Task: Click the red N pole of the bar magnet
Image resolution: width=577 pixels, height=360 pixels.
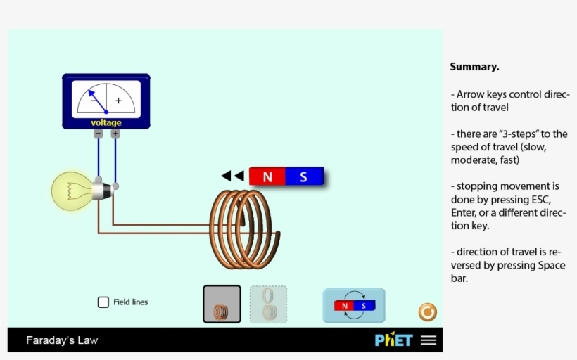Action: (267, 177)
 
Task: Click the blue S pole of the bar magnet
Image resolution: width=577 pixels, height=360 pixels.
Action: (304, 177)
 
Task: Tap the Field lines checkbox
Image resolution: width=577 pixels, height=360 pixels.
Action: (103, 302)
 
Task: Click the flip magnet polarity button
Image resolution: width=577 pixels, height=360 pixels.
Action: (354, 306)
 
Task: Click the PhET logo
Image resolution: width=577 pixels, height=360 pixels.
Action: (393, 340)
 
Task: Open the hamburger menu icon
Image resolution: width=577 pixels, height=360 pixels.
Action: (429, 340)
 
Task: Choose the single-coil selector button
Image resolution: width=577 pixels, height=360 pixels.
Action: (222, 304)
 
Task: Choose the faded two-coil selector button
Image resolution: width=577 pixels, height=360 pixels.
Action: (268, 304)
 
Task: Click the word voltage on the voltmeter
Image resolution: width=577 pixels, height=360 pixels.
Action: (106, 123)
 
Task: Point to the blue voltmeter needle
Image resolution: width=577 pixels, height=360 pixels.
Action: (97, 101)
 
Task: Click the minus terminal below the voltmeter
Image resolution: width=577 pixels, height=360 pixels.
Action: (98, 134)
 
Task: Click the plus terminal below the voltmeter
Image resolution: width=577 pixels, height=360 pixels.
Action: (115, 134)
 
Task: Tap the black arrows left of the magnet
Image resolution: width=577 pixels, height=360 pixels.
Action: (233, 176)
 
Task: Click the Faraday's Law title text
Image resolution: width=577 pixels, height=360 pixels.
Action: (62, 340)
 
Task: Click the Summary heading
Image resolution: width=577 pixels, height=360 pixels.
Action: (474, 67)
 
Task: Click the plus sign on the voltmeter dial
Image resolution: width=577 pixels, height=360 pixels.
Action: (118, 101)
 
